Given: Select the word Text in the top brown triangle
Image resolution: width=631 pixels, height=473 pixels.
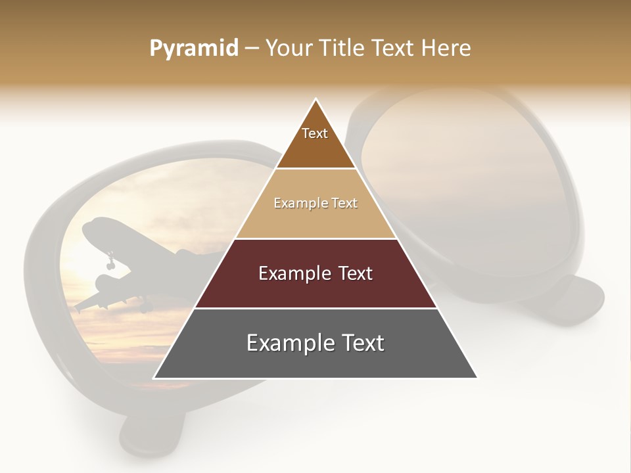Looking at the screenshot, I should pos(315,133).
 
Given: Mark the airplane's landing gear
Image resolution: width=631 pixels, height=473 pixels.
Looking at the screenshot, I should pos(109,263).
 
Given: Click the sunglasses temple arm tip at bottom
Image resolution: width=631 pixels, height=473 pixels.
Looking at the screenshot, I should pos(141,440).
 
